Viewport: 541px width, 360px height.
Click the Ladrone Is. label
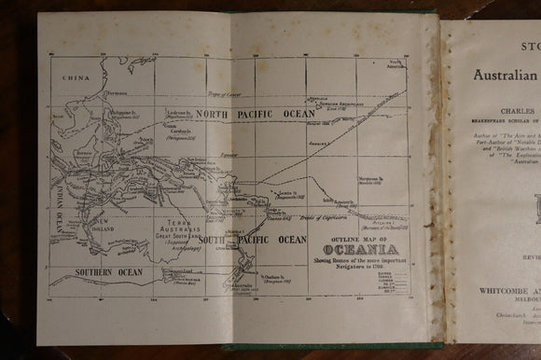pyautogui.click(x=179, y=113)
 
